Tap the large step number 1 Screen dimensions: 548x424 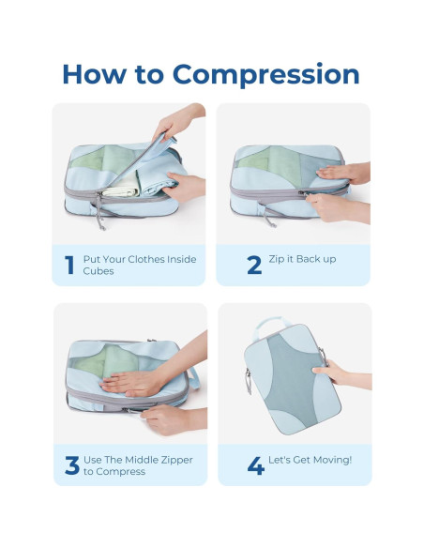[x=68, y=266]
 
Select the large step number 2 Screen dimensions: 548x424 [x=254, y=266]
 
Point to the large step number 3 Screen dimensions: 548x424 [x=71, y=465]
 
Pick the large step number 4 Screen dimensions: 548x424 [x=255, y=465]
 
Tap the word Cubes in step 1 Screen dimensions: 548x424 [x=97, y=272]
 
